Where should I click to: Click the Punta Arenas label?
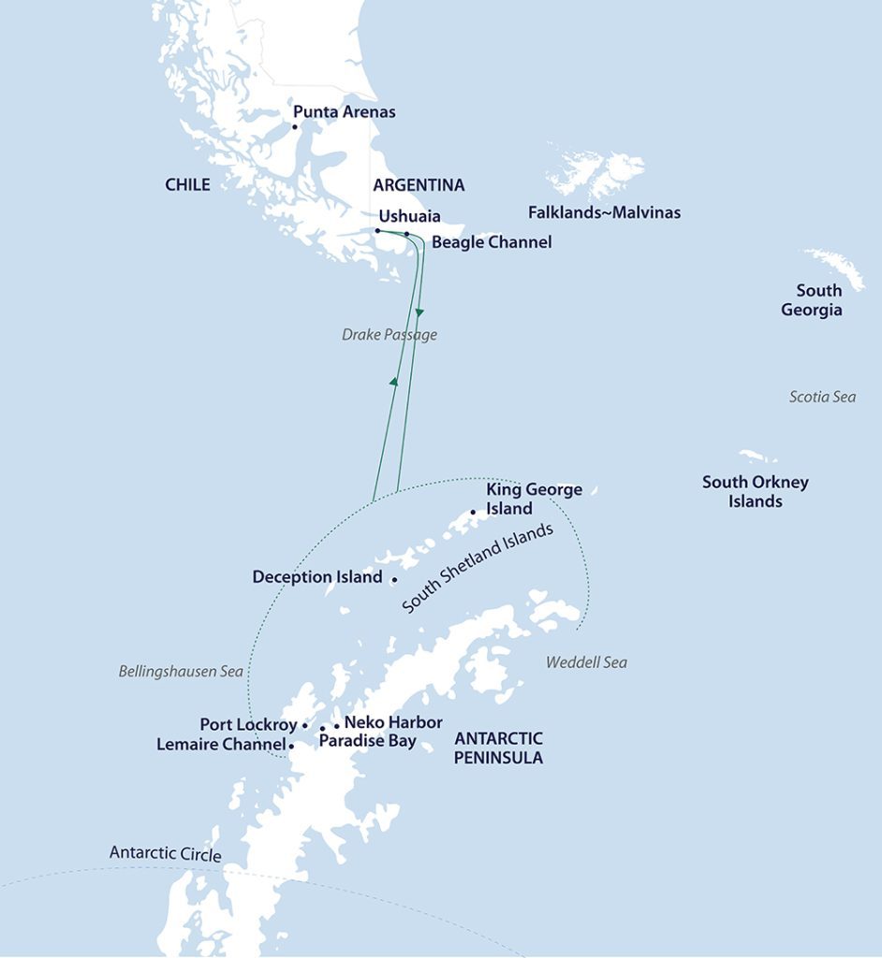click(344, 112)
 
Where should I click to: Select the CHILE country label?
click(187, 184)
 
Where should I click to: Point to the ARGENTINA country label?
click(419, 184)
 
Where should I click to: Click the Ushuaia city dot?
click(377, 230)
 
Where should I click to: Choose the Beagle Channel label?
click(492, 242)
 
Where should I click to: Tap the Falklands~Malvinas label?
click(604, 213)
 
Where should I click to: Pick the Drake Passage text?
click(390, 335)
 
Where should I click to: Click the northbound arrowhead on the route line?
click(394, 381)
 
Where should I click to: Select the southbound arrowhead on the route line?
click(419, 311)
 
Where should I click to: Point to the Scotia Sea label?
click(822, 397)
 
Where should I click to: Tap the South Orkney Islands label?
click(755, 492)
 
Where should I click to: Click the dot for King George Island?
click(473, 512)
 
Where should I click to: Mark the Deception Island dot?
click(394, 580)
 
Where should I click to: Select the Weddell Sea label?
click(586, 662)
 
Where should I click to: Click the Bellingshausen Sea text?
click(181, 671)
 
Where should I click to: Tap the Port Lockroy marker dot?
click(305, 725)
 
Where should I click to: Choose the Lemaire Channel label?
click(221, 745)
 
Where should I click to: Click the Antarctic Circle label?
click(165, 853)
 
